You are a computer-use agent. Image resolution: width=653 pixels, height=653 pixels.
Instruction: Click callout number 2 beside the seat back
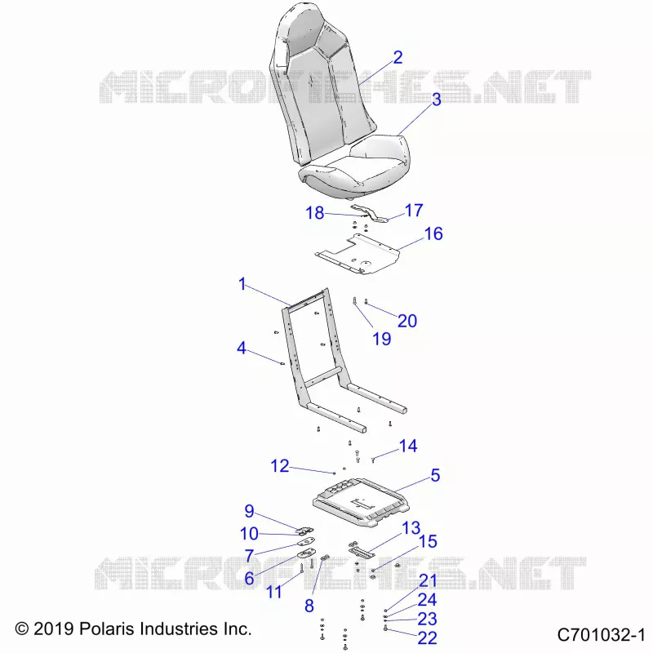tap(398, 57)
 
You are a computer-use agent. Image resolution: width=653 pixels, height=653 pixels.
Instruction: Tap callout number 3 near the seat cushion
tap(436, 100)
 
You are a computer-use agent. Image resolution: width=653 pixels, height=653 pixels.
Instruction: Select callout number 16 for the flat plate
tap(433, 233)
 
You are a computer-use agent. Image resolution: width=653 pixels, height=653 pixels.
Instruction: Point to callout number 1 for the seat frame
tap(242, 284)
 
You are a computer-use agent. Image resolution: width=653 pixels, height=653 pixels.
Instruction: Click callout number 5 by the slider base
tap(435, 475)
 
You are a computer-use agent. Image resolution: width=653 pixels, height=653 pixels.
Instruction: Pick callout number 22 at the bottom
tap(427, 638)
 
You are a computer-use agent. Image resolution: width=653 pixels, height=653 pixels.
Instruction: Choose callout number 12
tap(280, 466)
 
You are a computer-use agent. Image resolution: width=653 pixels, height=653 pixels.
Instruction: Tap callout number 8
tap(309, 606)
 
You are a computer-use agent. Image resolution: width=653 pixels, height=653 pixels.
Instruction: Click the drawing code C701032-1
tap(601, 635)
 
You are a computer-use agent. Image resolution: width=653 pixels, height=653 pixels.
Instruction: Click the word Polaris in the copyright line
tap(107, 629)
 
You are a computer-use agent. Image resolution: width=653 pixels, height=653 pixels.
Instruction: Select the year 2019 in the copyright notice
tap(54, 629)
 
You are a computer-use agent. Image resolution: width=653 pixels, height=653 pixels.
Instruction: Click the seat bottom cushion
tap(355, 167)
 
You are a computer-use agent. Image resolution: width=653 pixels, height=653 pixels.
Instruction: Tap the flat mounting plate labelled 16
tap(358, 254)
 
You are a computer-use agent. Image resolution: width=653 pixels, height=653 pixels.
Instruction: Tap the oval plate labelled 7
tap(306, 542)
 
